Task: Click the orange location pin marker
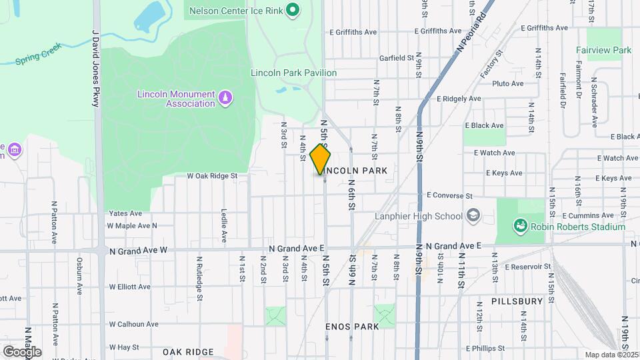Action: [321, 159]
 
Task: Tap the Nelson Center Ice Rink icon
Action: [292, 9]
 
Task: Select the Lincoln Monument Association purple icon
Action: [225, 99]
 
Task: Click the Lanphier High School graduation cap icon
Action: [473, 215]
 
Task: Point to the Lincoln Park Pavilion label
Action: [293, 73]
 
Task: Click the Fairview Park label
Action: [604, 50]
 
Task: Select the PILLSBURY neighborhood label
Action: [517, 301]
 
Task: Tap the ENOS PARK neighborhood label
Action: [352, 327]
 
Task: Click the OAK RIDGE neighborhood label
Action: [188, 351]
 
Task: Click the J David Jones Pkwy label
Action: [96, 67]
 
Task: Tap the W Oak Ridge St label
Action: [212, 176]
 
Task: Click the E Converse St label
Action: [449, 196]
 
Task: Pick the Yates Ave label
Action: [125, 213]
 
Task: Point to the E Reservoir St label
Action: [528, 267]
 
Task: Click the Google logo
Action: [22, 351]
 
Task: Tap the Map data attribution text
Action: [610, 355]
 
